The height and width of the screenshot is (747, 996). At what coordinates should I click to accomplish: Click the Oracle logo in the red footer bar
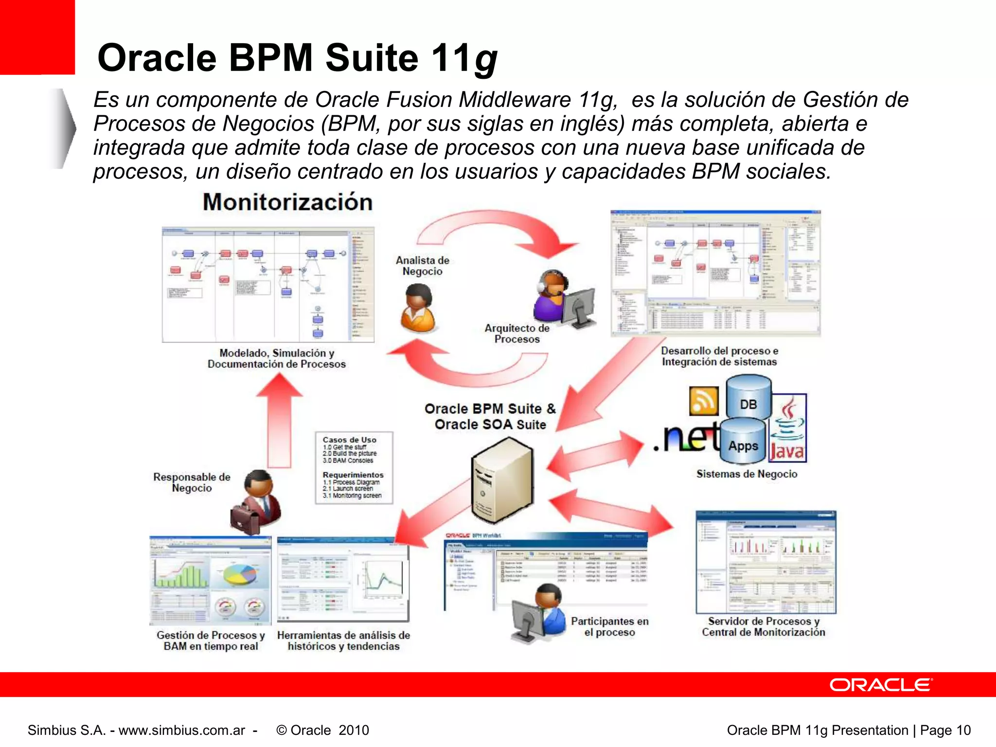(881, 685)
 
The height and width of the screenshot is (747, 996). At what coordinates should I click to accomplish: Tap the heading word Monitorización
(287, 202)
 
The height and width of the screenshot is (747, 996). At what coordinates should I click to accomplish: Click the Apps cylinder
(743, 443)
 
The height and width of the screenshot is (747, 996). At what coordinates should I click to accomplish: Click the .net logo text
(686, 436)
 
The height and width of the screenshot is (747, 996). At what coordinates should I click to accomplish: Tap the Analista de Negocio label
(422, 266)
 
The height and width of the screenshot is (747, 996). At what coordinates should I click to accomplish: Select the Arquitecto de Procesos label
(517, 334)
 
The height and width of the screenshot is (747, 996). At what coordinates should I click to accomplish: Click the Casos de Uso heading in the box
(349, 440)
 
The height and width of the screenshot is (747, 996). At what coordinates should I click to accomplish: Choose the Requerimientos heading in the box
(353, 475)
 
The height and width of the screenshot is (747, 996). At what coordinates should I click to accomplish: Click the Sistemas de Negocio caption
(747, 474)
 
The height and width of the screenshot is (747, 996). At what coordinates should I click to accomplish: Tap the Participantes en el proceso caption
(609, 626)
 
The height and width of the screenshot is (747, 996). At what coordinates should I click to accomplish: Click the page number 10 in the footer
(963, 730)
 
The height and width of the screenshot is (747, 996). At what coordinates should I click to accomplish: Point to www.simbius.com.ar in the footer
(182, 730)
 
